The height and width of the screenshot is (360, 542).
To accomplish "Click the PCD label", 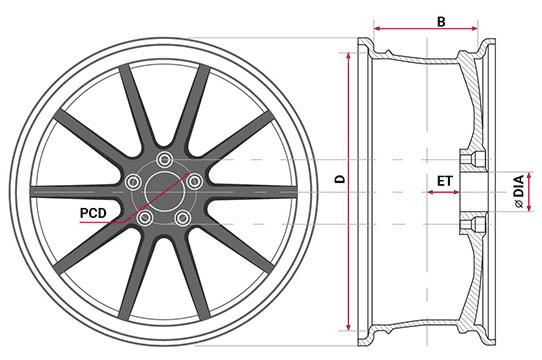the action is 93,213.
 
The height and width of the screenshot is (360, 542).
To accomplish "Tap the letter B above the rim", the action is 441,21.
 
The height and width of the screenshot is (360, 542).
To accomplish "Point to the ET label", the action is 444,181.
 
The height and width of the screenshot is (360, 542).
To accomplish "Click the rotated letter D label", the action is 340,179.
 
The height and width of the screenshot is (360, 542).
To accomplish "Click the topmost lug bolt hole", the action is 165,159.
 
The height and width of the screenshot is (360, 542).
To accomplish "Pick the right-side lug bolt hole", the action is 195,181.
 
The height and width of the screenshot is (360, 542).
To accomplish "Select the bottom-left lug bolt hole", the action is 145,218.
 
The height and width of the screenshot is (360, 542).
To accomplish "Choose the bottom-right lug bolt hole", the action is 183,218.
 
